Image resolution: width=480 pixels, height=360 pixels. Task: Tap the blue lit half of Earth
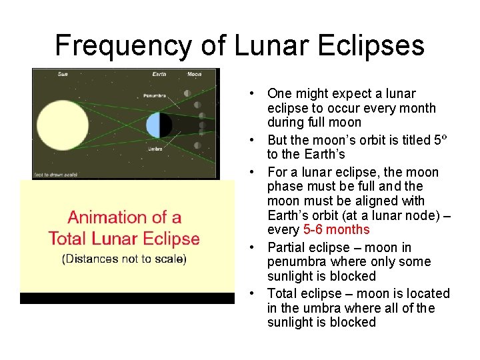pos(153,125)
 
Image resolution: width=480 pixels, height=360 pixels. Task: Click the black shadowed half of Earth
pos(165,125)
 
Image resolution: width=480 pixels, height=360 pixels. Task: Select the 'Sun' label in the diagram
pos(63,74)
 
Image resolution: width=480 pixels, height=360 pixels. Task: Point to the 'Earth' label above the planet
pos(159,74)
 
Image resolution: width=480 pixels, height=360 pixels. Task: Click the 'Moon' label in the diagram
pos(194,74)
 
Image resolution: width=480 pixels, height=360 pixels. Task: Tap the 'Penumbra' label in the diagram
pos(155,95)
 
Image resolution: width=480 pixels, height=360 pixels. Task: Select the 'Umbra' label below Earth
pos(155,149)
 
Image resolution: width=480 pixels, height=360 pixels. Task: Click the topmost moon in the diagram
pos(188,93)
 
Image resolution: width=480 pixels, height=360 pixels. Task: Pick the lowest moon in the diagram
pos(197,145)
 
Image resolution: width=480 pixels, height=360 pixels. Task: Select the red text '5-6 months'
pos(336,230)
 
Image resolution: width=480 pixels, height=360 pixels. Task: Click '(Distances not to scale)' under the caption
pos(124,259)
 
